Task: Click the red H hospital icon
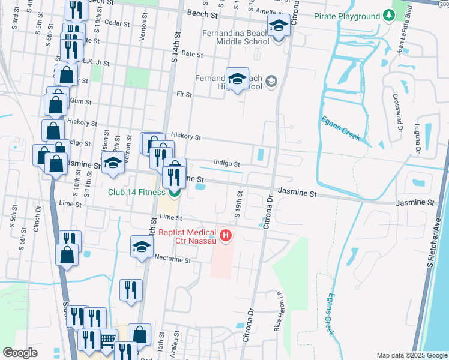[226, 236]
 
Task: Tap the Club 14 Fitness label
[136, 192]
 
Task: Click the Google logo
[20, 353]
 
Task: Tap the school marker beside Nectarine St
[142, 247]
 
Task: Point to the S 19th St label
[238, 204]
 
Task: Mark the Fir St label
[184, 95]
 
